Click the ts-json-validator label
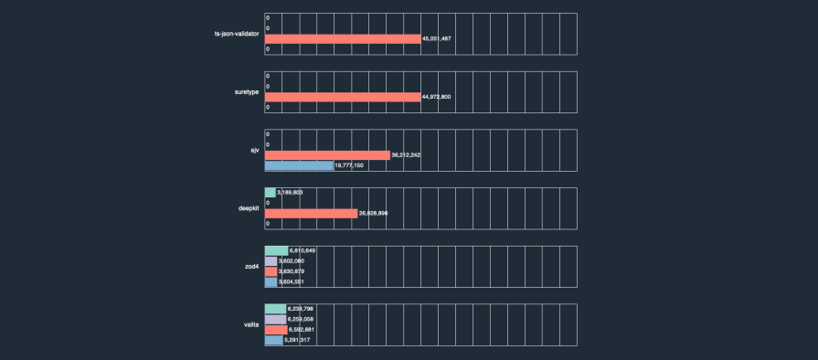click(x=236, y=34)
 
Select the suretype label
click(x=247, y=92)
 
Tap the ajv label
click(x=255, y=150)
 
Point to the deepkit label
click(x=249, y=208)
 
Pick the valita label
click(x=251, y=324)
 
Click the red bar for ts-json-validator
click(x=343, y=38)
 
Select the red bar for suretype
click(x=343, y=97)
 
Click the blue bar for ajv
click(x=299, y=165)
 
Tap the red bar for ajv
click(x=327, y=154)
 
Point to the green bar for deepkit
click(x=270, y=192)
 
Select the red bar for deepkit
click(x=311, y=213)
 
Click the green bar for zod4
click(x=276, y=250)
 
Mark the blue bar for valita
click(x=273, y=340)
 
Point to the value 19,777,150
click(x=350, y=165)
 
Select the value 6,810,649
click(x=303, y=250)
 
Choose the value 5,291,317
click(x=298, y=340)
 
